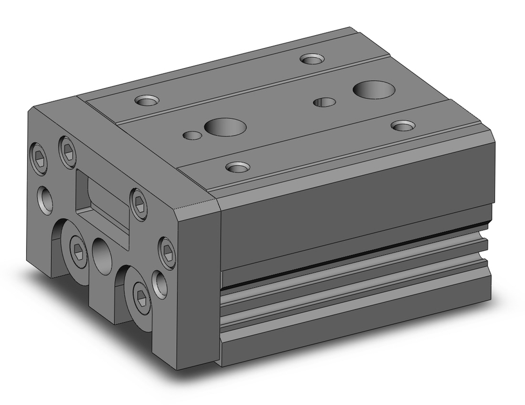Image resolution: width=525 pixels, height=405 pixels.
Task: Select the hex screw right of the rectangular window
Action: (137, 200)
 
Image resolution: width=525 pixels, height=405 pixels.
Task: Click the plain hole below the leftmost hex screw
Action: (45, 199)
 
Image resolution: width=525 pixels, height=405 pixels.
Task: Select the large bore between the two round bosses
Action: (101, 255)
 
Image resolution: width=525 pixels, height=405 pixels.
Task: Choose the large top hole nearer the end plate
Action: (225, 126)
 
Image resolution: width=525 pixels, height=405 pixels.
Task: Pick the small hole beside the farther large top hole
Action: (324, 101)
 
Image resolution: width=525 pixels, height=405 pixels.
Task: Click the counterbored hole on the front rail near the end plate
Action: (237, 167)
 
